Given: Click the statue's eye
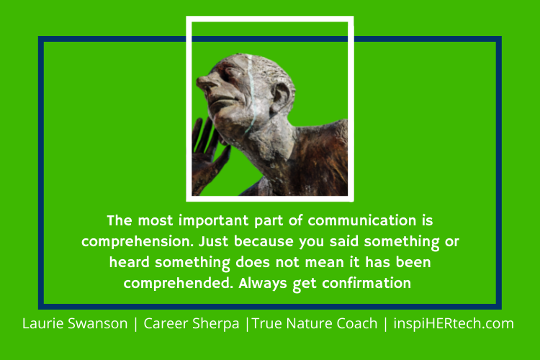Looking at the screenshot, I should tap(229, 72).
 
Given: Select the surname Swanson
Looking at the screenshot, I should tap(102, 323).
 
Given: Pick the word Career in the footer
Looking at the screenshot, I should tap(166, 323).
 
